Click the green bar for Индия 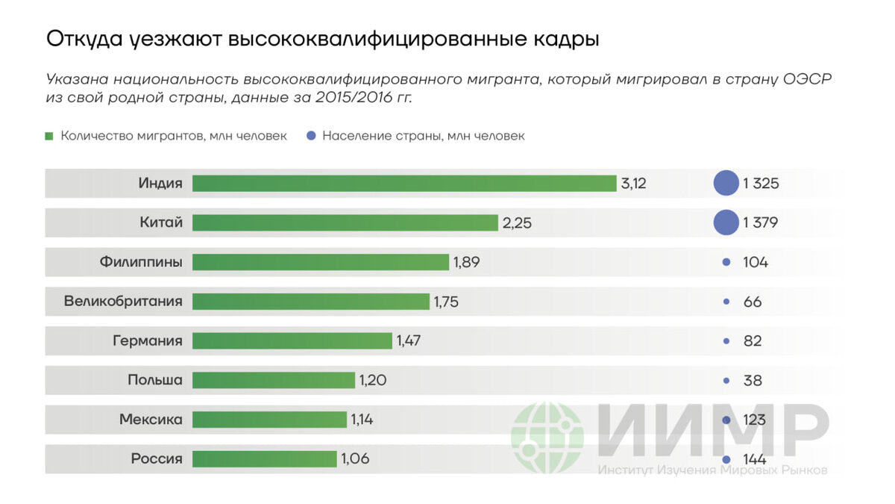click(x=403, y=184)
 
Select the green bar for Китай click(x=345, y=223)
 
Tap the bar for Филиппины click(x=321, y=262)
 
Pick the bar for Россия click(x=264, y=458)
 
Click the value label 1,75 click(x=446, y=302)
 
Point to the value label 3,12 click(x=633, y=184)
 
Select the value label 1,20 click(x=373, y=380)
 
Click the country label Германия click(x=148, y=340)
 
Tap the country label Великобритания click(x=123, y=302)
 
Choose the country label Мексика click(x=151, y=420)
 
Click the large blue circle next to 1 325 click(x=726, y=184)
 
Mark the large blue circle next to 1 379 click(x=726, y=223)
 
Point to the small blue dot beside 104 click(x=726, y=262)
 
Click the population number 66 click(x=753, y=302)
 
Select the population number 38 click(x=753, y=380)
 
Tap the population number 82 click(x=753, y=340)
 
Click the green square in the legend click(x=49, y=136)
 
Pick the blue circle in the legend click(x=311, y=136)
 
